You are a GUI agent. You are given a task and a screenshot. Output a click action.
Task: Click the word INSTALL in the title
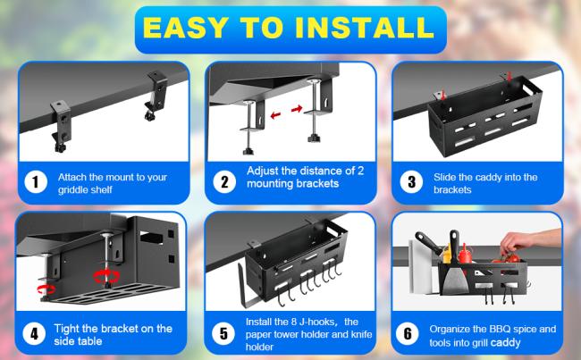(x=364, y=28)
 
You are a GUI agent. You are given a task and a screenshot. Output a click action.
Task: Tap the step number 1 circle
(x=36, y=182)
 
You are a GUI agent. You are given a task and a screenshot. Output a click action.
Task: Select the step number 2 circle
(x=224, y=182)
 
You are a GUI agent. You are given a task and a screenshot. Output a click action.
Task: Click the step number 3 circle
(x=411, y=182)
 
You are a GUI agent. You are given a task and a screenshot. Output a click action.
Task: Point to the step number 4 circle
(x=34, y=333)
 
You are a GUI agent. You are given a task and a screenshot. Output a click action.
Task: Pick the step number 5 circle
(x=223, y=333)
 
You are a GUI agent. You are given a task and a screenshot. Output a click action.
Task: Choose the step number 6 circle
(x=408, y=333)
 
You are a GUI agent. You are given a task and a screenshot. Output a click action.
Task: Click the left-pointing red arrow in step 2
(x=275, y=115)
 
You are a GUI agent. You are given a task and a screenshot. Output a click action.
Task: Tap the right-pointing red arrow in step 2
(x=297, y=108)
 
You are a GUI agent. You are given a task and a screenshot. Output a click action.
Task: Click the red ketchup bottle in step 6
(x=465, y=255)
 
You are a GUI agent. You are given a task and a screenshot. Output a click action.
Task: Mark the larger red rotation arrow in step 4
(x=106, y=276)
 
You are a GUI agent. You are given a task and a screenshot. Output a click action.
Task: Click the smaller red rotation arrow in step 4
(x=46, y=289)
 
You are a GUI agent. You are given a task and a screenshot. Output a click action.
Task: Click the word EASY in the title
(x=185, y=28)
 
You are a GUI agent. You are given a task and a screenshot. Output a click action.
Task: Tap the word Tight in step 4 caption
(x=67, y=329)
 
